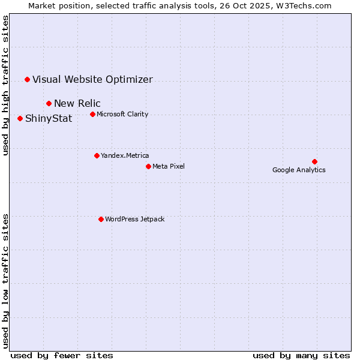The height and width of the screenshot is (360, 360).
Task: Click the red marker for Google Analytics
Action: pos(314,161)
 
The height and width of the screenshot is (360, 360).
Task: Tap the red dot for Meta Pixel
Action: pos(148,166)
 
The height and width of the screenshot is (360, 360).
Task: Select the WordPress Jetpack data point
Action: pos(101,219)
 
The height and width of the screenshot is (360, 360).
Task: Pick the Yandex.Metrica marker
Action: pos(97,155)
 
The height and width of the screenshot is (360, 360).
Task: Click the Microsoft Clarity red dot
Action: pos(92,114)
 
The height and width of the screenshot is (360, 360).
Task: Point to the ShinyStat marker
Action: pos(20,118)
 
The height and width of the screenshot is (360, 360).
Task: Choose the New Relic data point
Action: pos(49,103)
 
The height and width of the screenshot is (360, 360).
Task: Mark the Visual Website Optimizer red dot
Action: pos(27,79)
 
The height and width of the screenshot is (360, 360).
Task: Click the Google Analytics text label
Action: pos(299,170)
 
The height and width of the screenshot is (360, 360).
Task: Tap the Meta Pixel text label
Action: pos(169,166)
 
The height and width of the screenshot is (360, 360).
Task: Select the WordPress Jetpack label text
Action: pos(134,219)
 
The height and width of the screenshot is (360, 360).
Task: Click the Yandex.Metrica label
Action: pos(125,155)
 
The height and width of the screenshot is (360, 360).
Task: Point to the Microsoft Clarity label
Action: pos(122,114)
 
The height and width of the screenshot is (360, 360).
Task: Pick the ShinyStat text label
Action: pos(49,118)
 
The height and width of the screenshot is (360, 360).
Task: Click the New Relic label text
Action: pos(77,103)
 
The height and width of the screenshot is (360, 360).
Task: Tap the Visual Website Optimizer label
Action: pos(92,79)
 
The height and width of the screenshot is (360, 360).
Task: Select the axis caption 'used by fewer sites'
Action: pos(62,355)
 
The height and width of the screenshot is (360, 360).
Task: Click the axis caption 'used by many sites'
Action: pos(301,355)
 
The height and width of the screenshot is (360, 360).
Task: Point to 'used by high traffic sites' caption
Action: pos(5,85)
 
